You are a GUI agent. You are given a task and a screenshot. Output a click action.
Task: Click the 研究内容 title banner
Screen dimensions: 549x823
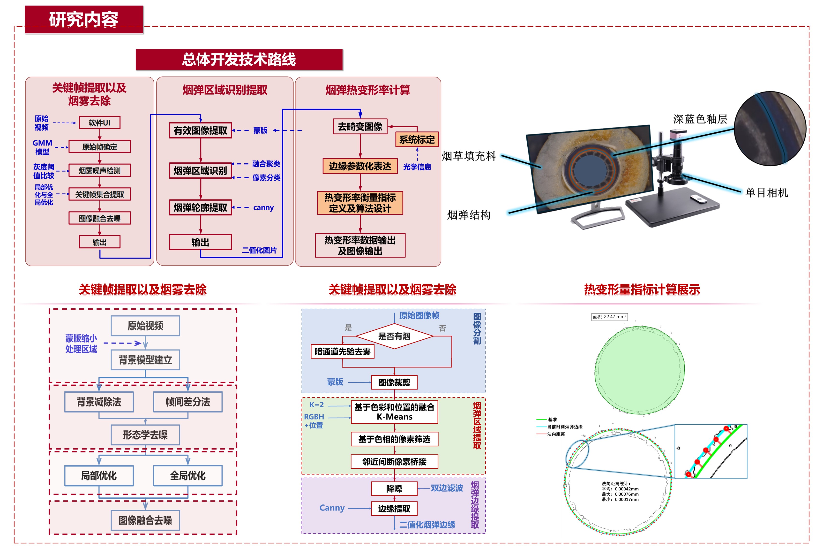click(x=84, y=20)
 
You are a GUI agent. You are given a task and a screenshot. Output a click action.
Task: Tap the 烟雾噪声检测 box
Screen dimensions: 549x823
click(x=100, y=170)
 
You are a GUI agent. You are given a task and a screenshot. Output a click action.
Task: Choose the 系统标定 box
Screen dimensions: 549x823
click(x=417, y=140)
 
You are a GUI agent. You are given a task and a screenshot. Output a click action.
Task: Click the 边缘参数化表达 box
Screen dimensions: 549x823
click(x=360, y=166)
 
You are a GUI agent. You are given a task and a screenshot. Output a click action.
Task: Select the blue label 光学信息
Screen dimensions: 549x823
click(x=417, y=167)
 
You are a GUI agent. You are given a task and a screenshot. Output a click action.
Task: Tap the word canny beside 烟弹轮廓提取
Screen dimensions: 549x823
click(x=263, y=208)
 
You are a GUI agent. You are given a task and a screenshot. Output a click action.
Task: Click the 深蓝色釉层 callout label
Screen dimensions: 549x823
click(x=700, y=119)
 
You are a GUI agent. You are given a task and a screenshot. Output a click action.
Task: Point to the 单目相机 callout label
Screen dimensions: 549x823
click(x=767, y=193)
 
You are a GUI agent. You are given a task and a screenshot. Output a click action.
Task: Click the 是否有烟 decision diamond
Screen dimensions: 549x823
click(x=394, y=336)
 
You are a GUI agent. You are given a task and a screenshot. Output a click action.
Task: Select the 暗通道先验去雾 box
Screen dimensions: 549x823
click(x=343, y=351)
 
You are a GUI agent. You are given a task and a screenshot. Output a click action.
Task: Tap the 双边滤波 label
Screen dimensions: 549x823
click(x=447, y=488)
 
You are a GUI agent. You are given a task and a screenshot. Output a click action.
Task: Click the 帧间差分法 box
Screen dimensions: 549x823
click(x=188, y=402)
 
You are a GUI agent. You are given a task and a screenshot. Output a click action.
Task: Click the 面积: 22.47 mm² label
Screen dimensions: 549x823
click(x=609, y=317)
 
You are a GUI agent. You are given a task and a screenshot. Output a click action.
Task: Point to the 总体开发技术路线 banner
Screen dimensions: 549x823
click(x=239, y=60)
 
